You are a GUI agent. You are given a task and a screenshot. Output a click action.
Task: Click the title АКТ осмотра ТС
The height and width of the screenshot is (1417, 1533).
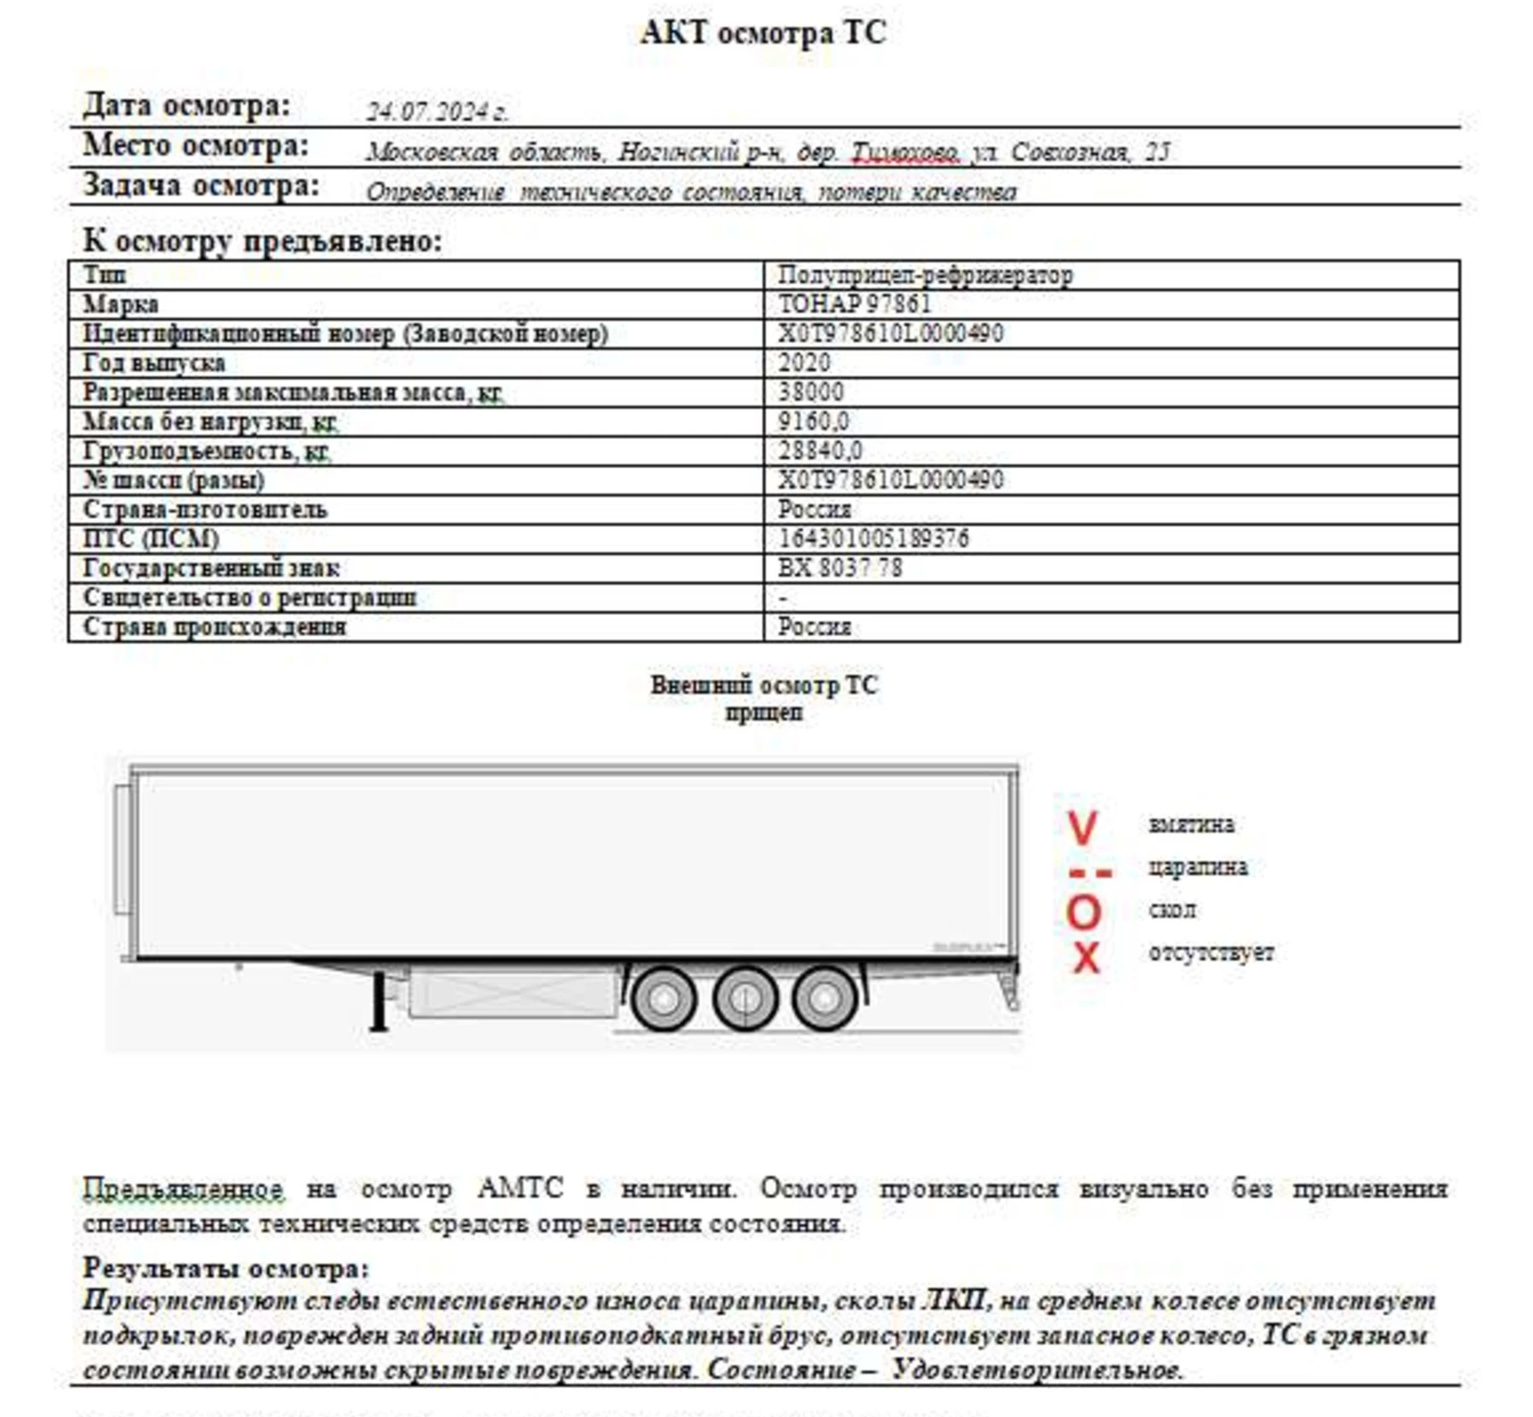(x=763, y=33)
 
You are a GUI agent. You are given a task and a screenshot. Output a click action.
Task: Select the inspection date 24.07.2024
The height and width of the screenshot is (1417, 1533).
(x=436, y=112)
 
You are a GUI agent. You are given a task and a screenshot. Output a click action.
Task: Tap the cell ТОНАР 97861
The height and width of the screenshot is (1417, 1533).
(x=854, y=305)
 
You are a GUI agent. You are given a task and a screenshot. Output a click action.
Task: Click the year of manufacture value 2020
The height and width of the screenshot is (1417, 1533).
(x=804, y=363)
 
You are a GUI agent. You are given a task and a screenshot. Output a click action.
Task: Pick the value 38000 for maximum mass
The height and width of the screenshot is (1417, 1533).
(x=810, y=392)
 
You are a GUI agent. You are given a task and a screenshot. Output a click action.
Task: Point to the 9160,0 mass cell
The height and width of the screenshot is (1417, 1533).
(x=813, y=421)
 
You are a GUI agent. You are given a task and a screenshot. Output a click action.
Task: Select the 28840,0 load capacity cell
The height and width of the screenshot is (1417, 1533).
(x=819, y=450)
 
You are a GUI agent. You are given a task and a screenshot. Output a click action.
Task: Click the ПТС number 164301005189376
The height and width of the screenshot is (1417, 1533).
(x=873, y=538)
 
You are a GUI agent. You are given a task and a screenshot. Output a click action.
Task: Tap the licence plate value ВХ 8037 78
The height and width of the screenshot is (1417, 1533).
(x=839, y=568)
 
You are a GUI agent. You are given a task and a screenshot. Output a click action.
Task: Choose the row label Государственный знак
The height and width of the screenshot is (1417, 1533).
(x=211, y=568)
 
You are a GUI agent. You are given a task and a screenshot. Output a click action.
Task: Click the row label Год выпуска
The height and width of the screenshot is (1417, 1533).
(x=154, y=363)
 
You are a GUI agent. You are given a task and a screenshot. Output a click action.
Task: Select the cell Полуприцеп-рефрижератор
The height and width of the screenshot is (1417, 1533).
(x=925, y=276)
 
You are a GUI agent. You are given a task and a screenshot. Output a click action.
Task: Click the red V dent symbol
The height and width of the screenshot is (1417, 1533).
(x=1082, y=828)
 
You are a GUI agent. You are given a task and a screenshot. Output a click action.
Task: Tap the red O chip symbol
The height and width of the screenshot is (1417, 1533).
(x=1083, y=913)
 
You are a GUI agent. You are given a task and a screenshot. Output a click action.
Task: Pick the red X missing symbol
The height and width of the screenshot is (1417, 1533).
(x=1085, y=957)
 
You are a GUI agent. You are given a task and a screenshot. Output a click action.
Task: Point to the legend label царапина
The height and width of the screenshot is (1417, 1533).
(x=1198, y=868)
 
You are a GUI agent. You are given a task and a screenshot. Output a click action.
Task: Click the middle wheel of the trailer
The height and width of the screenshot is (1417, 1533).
(x=745, y=997)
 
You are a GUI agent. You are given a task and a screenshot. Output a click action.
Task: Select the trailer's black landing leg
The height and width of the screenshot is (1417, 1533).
(x=377, y=1003)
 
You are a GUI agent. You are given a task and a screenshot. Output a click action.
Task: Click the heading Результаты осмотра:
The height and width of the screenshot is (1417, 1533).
(x=225, y=1268)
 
